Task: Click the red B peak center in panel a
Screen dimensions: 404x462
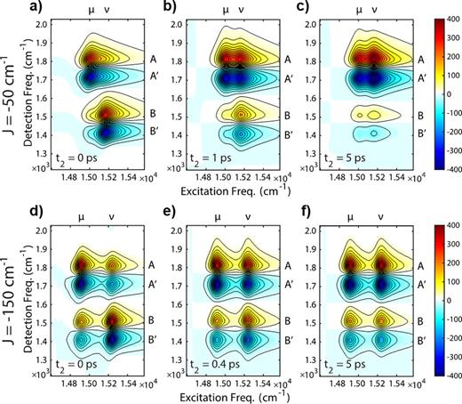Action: point(106,114)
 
